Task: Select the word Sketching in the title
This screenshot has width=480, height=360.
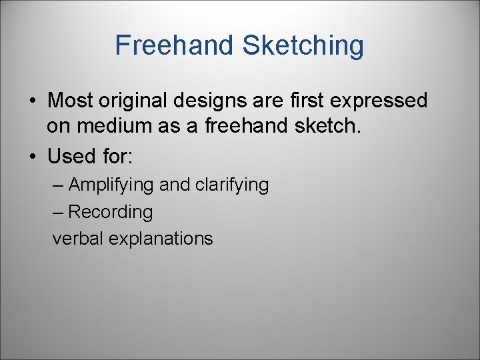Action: pos(303,45)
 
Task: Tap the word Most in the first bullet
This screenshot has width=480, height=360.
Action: pos(70,101)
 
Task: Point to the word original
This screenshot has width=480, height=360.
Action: pos(133,101)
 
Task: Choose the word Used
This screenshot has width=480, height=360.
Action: pos(71,156)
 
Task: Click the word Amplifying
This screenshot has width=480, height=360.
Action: pos(111,185)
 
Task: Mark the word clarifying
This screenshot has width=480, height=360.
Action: pos(231,185)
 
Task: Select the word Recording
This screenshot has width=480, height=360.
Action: pos(110,212)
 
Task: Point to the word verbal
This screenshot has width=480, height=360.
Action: pos(75,239)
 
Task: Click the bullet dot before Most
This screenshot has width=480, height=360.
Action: pos(32,101)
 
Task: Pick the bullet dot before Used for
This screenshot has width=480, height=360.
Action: pos(32,157)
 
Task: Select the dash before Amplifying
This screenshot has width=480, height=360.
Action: pos(58,185)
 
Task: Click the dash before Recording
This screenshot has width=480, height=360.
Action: pos(58,213)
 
